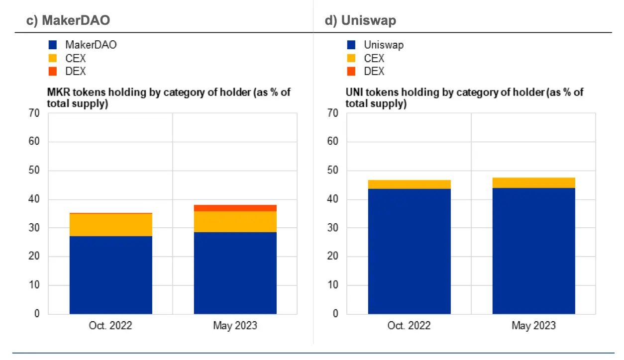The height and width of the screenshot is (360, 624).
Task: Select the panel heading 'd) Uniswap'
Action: click(360, 20)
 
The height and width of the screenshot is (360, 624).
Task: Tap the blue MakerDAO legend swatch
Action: click(53, 45)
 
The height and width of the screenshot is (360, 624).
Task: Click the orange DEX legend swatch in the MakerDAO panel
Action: click(53, 71)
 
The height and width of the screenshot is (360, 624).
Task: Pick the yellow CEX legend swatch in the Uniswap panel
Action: click(351, 58)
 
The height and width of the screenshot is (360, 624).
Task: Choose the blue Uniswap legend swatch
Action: click(351, 45)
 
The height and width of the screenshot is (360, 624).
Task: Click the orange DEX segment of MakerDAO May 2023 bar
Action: click(235, 208)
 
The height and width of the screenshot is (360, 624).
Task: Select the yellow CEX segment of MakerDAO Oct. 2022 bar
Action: click(110, 225)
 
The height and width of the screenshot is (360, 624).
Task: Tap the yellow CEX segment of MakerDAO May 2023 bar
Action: click(235, 222)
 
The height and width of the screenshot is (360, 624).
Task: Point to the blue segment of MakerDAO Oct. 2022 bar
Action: click(110, 275)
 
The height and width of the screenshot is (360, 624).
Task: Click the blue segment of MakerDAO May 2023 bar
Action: click(235, 273)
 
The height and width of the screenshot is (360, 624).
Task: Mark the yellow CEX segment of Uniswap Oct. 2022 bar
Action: click(409, 184)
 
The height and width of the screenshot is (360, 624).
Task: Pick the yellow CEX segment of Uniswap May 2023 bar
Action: click(533, 182)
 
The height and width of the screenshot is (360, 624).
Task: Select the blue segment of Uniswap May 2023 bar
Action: click(533, 251)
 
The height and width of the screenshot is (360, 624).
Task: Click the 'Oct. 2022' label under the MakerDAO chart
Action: click(110, 326)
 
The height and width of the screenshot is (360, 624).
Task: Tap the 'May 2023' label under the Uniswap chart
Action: click(533, 326)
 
